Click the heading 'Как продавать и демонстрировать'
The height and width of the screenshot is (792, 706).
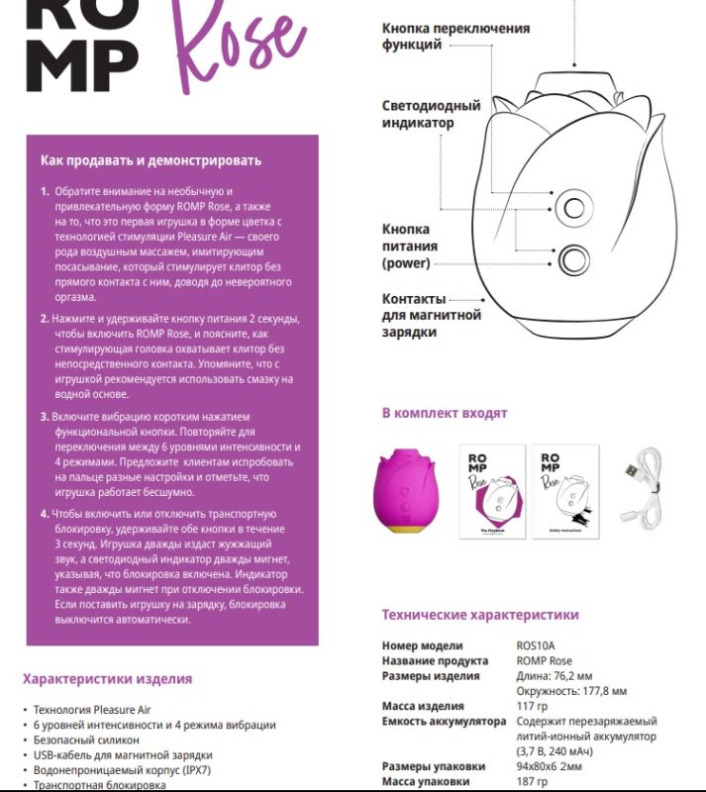151,160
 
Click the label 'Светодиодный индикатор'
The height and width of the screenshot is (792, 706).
431,114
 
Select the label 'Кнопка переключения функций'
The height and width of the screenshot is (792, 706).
455,37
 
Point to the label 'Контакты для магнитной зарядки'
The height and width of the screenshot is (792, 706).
432,315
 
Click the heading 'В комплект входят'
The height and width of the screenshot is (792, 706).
445,413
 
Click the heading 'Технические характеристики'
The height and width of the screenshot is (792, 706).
480,615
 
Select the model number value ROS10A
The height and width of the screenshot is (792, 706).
536,646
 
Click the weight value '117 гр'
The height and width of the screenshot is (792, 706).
533,706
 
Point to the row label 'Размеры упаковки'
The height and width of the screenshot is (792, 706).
434,766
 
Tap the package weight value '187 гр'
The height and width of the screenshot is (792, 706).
533,781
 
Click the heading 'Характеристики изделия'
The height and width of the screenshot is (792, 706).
107,679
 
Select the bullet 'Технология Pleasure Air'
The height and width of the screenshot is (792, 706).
93,710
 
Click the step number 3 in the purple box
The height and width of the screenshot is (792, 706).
45,417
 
